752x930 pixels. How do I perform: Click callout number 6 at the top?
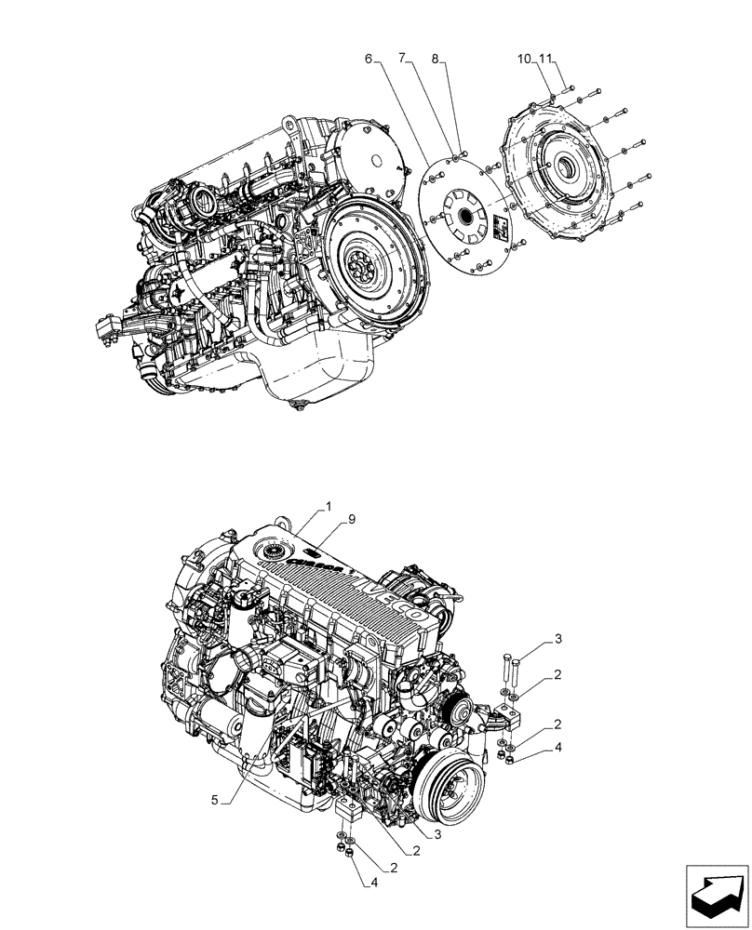369,59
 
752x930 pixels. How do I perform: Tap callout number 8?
435,59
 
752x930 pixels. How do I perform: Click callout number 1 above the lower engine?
327,508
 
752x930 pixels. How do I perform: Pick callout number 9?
352,521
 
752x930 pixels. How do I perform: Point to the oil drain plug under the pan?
300,405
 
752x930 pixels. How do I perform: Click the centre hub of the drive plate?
464,216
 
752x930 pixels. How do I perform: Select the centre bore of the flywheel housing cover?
566,168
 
